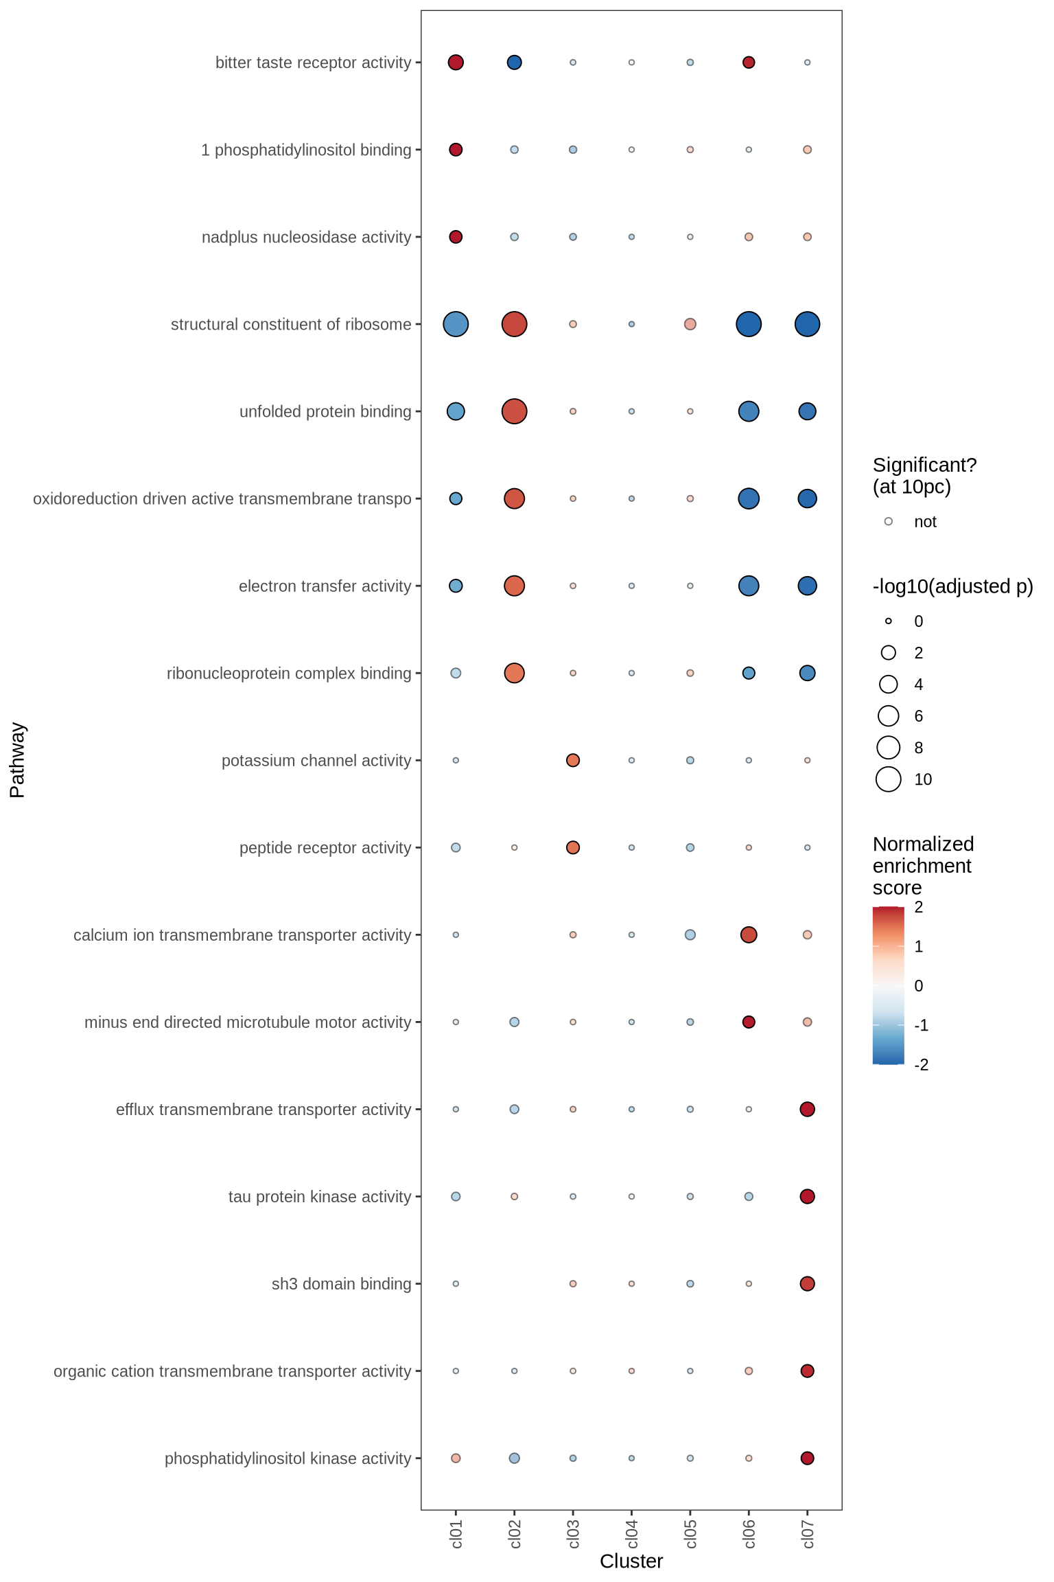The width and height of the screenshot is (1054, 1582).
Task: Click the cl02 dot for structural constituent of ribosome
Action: [514, 324]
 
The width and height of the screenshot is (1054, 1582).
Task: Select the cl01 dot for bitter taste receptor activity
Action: [456, 62]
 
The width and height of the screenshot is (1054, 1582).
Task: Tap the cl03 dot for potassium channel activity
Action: [573, 760]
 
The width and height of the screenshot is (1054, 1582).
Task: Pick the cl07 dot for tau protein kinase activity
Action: [807, 1196]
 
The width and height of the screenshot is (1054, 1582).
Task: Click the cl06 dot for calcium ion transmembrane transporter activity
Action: [749, 935]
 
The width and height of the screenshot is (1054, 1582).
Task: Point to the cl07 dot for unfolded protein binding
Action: [807, 411]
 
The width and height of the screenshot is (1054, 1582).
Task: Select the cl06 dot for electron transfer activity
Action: [749, 586]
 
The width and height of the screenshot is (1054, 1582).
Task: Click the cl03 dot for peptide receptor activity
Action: [573, 847]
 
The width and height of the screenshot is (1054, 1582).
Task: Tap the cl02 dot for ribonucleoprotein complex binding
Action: [514, 673]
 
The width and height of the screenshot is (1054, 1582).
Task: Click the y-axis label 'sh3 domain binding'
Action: [341, 1284]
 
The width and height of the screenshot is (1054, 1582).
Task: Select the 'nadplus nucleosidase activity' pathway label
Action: [306, 238]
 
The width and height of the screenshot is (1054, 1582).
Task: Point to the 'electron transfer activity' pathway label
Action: [325, 586]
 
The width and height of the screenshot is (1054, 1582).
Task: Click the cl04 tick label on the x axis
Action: [632, 1533]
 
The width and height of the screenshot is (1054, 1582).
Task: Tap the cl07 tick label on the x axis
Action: [808, 1533]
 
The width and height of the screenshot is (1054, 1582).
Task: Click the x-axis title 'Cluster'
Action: [631, 1561]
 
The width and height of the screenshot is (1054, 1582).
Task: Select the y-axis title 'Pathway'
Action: [17, 759]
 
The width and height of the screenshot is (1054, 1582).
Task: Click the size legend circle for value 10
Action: [889, 779]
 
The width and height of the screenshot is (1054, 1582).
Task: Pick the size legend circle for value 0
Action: [889, 621]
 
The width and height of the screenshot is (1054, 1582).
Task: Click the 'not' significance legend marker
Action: [889, 522]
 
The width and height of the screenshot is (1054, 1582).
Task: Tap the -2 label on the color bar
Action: [922, 1065]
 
